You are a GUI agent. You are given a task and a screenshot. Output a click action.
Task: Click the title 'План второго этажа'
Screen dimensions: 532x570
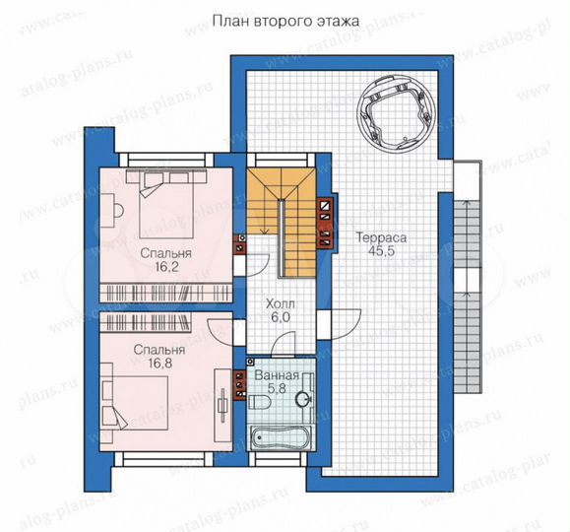click(284, 20)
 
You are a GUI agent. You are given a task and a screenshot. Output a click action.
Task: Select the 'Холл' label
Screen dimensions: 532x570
click(281, 305)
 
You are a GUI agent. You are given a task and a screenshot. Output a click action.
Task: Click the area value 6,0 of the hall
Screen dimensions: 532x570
click(281, 319)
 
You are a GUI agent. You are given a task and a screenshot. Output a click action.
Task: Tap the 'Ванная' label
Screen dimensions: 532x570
click(271, 376)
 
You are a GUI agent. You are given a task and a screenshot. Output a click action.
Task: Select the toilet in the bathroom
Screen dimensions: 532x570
click(260, 400)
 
